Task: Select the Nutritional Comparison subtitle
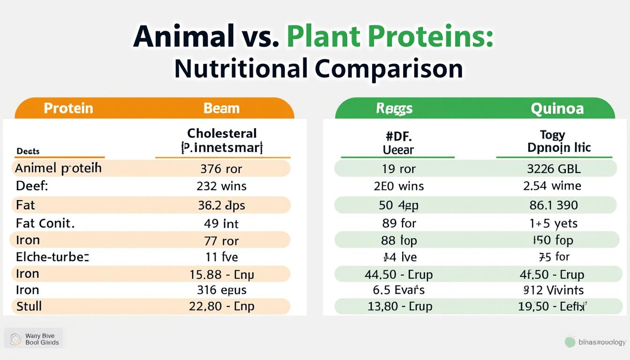318,68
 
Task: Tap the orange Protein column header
68,108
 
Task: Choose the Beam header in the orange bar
221,108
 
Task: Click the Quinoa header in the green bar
557,109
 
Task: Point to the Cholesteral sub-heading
222,133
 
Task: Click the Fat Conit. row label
45,223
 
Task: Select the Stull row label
29,307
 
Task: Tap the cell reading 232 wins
221,186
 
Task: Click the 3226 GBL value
554,169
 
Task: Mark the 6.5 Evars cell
398,290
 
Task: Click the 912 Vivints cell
553,290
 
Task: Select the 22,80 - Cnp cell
221,307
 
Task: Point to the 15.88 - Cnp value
221,274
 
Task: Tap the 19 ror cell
398,169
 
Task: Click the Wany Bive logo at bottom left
34,339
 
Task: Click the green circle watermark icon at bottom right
570,342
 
